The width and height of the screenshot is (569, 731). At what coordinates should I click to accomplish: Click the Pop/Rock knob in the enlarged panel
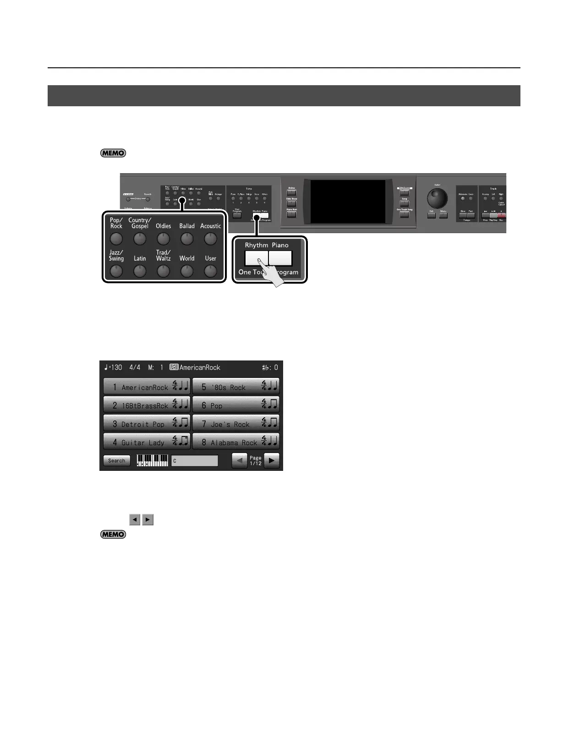116,239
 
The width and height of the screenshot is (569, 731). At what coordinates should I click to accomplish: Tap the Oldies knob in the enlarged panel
163,239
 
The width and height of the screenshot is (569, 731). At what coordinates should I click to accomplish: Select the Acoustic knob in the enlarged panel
210,239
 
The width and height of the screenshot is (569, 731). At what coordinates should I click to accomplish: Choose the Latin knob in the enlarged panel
140,271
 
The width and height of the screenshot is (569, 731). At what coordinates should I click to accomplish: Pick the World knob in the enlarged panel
187,271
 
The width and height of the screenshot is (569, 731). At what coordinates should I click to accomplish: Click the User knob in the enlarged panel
210,271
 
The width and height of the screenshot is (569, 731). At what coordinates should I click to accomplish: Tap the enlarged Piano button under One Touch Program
280,258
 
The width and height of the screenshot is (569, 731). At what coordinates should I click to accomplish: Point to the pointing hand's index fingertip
259,261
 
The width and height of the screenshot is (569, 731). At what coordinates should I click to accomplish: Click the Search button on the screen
117,461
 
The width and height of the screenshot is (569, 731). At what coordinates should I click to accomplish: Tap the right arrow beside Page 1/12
272,460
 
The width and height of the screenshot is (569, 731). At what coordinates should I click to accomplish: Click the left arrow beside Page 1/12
240,460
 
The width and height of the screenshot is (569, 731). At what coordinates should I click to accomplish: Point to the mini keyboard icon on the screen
153,460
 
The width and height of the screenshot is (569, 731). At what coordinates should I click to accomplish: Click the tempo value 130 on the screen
117,367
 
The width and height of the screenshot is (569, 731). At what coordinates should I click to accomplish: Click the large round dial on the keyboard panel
438,199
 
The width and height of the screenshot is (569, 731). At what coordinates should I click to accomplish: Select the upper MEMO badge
113,153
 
